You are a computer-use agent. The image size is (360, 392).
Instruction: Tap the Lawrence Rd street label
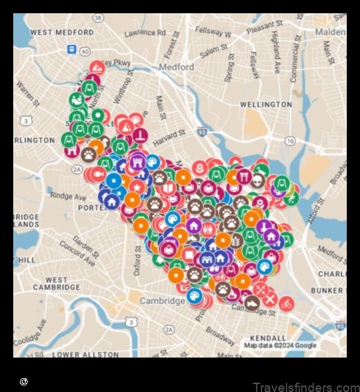click(x=145, y=32)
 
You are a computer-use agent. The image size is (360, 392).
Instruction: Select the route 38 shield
click(x=98, y=18)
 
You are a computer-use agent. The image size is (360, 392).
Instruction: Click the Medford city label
click(x=177, y=67)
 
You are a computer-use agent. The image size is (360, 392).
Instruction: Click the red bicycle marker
click(x=286, y=305)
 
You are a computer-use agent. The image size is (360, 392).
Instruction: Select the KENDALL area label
click(x=269, y=338)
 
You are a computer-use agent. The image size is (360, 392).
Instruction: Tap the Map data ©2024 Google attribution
click(x=280, y=346)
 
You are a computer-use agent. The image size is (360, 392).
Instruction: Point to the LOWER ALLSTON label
click(x=85, y=354)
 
